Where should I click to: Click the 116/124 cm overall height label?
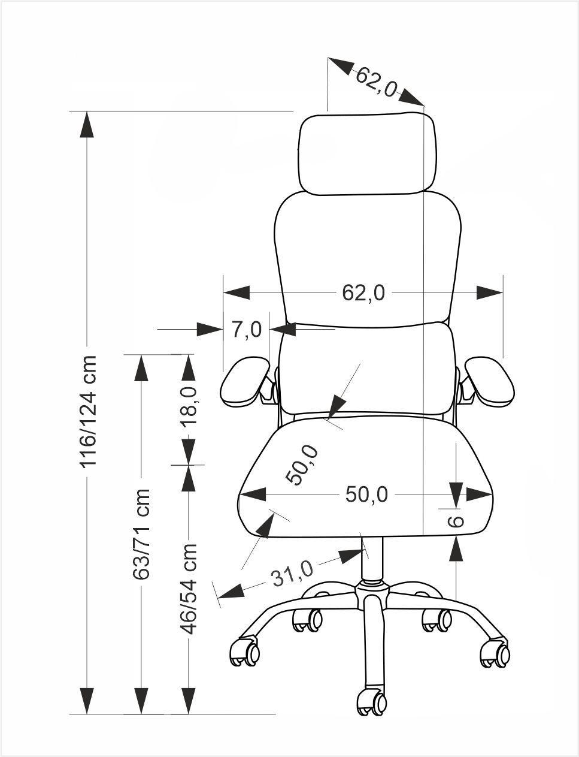[87, 411]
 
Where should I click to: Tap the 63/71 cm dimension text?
[141, 534]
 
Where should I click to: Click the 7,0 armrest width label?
[247, 329]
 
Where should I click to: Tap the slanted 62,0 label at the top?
[377, 82]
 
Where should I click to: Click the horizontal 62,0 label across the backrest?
[363, 292]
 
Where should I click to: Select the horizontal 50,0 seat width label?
[366, 494]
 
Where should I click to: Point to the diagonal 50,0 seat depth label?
[302, 465]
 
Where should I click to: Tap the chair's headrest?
[367, 153]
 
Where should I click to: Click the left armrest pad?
[245, 381]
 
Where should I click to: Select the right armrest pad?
[489, 381]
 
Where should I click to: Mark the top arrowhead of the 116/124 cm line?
[87, 124]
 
